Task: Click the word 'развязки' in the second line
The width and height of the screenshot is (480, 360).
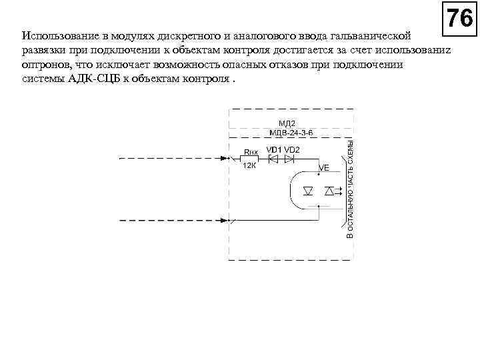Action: (x=41, y=50)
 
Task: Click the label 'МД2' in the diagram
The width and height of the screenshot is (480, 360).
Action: (x=286, y=123)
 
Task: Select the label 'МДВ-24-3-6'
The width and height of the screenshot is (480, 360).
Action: (x=291, y=133)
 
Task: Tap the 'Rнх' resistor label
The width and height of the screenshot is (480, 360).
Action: (x=250, y=151)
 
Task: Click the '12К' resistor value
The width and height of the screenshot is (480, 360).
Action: (x=249, y=166)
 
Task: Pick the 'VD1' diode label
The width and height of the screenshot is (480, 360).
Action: (x=274, y=150)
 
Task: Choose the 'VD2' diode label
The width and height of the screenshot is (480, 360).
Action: (x=292, y=150)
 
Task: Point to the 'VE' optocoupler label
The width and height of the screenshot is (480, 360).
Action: (x=325, y=169)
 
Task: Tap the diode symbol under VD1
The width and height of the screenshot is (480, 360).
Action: (x=273, y=159)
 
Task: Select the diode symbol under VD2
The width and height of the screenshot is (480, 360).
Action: (x=289, y=159)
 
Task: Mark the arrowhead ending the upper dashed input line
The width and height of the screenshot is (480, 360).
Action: (x=225, y=159)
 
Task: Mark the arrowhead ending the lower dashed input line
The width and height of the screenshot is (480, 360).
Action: (x=225, y=220)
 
